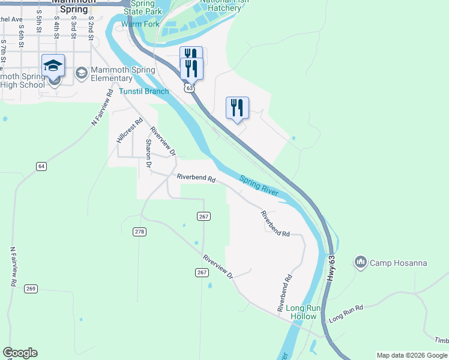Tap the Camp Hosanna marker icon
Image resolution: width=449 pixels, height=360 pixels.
point(361,262)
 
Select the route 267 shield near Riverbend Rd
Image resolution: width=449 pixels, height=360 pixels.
point(202,216)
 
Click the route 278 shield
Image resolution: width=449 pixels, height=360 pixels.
point(139,232)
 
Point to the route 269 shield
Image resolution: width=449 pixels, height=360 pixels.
point(31,289)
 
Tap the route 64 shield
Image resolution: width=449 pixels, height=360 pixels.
point(41,166)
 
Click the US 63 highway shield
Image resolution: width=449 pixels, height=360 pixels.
point(190,88)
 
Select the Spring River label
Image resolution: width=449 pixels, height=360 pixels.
point(259,185)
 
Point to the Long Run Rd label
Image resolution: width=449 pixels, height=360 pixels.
point(346,312)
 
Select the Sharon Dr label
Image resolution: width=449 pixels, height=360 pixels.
point(148,152)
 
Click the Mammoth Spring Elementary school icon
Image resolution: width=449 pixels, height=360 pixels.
point(81,73)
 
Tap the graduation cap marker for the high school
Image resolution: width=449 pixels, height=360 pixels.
point(53,65)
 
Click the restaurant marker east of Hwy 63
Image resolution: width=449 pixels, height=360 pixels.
point(237,107)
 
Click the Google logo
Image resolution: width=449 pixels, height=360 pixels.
point(20,353)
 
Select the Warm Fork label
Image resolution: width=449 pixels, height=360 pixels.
point(140,25)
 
